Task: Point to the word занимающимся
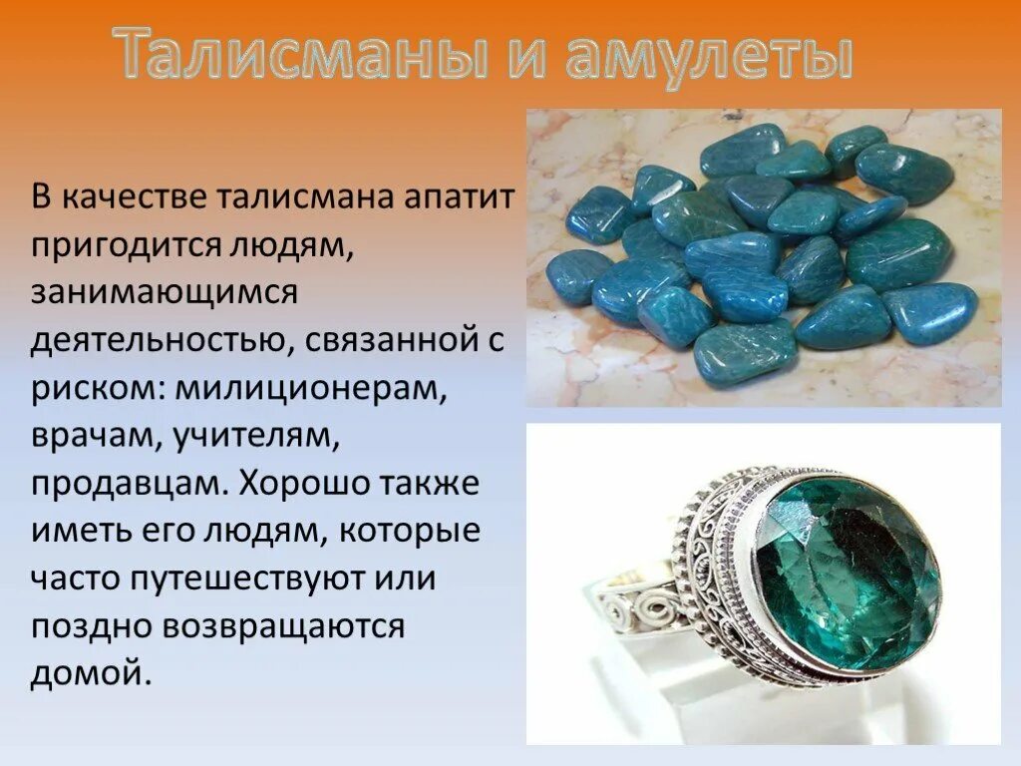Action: (165, 292)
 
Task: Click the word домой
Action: (91, 673)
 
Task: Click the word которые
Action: (410, 531)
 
